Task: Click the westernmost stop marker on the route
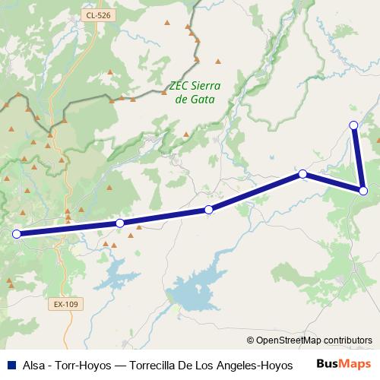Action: coord(16,234)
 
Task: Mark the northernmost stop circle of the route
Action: coord(353,125)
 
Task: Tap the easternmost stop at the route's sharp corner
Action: coord(363,190)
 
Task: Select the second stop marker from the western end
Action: coord(120,223)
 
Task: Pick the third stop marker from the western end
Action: coord(208,209)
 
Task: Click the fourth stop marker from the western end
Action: coord(302,174)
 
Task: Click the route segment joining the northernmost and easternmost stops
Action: coord(358,158)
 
